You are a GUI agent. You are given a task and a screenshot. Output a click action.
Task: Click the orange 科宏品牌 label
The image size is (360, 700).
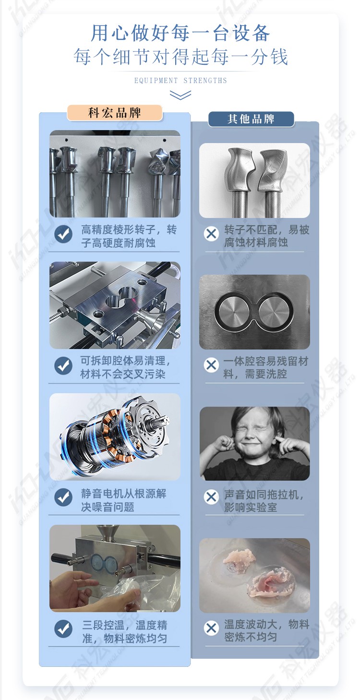tap(115, 112)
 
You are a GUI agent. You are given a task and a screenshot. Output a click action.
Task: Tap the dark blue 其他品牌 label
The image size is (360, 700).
tap(251, 119)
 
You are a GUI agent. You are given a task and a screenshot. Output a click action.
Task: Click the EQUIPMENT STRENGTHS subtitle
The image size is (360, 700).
tap(180, 81)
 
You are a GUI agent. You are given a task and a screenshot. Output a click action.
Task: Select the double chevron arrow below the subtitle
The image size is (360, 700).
tap(180, 95)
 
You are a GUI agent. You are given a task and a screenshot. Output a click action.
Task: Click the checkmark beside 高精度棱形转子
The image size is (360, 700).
tap(63, 234)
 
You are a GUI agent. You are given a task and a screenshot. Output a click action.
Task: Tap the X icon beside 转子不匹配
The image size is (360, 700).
tap(211, 233)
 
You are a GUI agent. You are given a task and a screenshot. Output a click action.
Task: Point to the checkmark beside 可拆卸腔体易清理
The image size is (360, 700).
tap(63, 366)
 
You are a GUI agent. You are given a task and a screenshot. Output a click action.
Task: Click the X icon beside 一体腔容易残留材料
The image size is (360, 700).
tap(211, 365)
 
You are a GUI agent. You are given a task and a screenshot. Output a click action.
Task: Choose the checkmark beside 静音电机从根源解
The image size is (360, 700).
tap(63, 497)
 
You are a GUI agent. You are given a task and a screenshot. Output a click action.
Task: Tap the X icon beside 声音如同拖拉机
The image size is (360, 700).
tap(211, 496)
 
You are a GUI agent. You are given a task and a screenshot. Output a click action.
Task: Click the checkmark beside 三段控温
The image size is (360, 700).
tap(63, 629)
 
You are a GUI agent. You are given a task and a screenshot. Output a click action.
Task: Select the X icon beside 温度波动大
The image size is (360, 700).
tap(211, 628)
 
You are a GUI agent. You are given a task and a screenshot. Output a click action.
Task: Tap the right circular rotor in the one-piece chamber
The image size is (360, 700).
tap(274, 311)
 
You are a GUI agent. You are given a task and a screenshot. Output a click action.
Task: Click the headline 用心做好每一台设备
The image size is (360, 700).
tap(180, 33)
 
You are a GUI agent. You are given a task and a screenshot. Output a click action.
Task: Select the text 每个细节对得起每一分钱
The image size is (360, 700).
tap(180, 57)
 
